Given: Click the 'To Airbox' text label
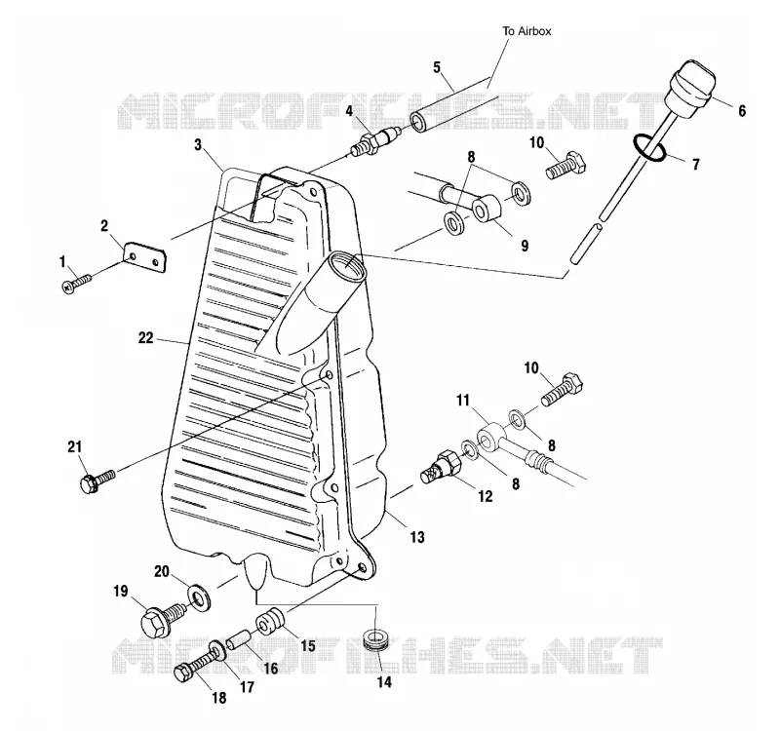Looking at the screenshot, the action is pyautogui.click(x=526, y=31).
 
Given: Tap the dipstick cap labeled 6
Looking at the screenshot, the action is pyautogui.click(x=690, y=89).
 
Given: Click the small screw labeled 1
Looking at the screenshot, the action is pyautogui.click(x=77, y=283).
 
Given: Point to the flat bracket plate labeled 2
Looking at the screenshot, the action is pyautogui.click(x=144, y=256).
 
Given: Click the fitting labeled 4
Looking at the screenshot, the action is pyautogui.click(x=375, y=141).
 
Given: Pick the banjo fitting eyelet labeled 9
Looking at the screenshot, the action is pyautogui.click(x=486, y=209).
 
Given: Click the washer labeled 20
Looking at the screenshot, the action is pyautogui.click(x=200, y=597).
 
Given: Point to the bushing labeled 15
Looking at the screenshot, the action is pyautogui.click(x=270, y=623).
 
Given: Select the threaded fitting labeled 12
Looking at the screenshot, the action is pyautogui.click(x=442, y=466).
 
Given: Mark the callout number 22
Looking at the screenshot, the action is pyautogui.click(x=145, y=338).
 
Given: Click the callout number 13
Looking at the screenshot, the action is pyautogui.click(x=417, y=537).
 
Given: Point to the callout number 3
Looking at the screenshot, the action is pyautogui.click(x=198, y=144).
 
